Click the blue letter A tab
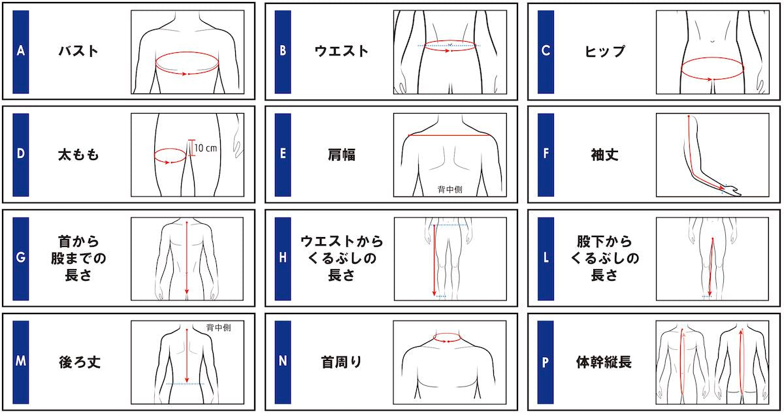click(21, 52)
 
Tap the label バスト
click(78, 52)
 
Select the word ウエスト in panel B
click(342, 52)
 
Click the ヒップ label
click(605, 52)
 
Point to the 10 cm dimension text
click(205, 148)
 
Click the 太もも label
click(78, 155)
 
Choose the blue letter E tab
click(283, 155)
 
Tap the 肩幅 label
click(342, 155)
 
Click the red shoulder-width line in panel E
click(449, 135)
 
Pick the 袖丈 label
click(605, 155)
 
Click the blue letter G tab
click(21, 259)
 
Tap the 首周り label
click(342, 362)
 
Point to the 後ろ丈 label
click(80, 362)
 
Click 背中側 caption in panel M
click(218, 328)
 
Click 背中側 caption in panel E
click(449, 189)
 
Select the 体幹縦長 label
click(604, 362)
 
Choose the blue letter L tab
click(546, 259)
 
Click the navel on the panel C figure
click(713, 41)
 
